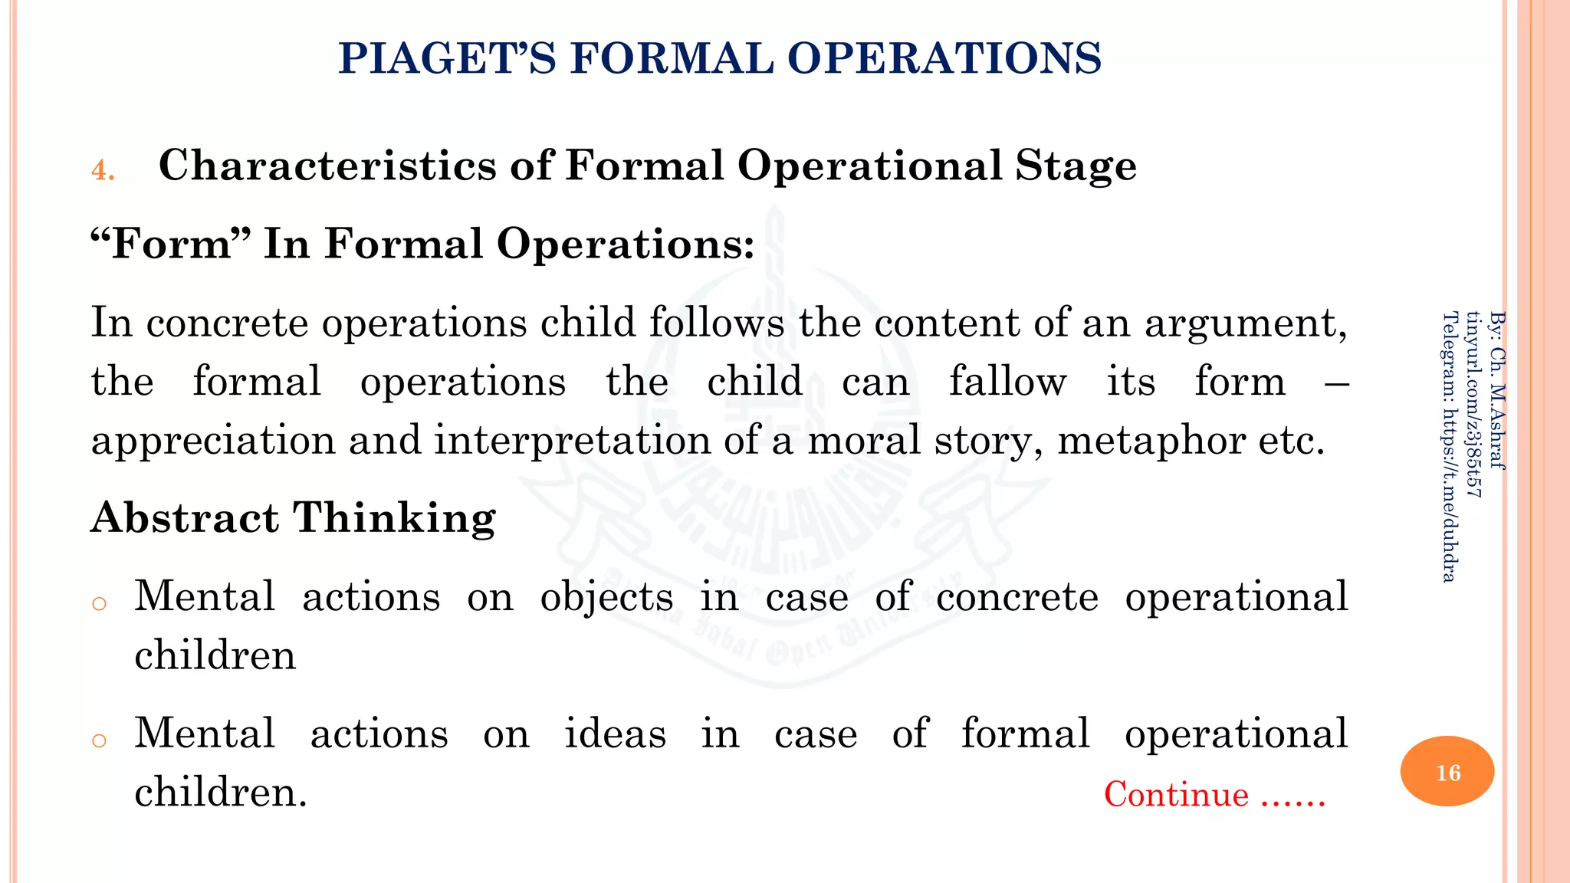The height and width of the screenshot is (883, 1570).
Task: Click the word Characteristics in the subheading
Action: click(x=327, y=166)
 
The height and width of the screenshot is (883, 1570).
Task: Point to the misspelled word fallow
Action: click(x=1007, y=381)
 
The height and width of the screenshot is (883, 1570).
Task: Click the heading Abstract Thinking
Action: click(x=294, y=517)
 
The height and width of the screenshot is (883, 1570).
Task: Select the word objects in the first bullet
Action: click(x=606, y=596)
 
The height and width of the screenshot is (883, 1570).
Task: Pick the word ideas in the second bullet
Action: click(x=615, y=734)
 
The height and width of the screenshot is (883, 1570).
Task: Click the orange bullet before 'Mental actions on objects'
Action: click(x=98, y=604)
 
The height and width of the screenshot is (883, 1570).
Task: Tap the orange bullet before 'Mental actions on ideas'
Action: click(x=98, y=740)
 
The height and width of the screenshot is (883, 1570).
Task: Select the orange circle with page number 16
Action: click(x=1447, y=771)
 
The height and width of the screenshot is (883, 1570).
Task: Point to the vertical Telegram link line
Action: click(x=1449, y=447)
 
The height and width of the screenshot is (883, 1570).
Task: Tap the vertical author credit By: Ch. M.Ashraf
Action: click(x=1497, y=389)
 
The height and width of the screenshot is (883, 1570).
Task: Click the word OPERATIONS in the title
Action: click(x=944, y=58)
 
